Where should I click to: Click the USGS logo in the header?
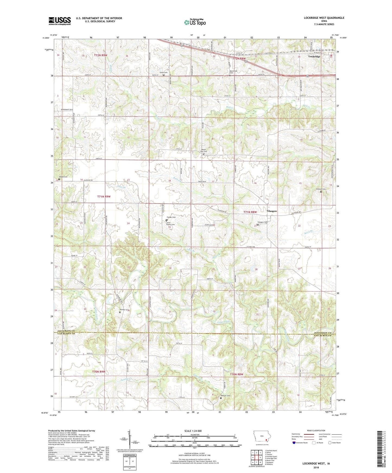60,21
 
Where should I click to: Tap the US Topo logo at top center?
195,22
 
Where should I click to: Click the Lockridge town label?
314,57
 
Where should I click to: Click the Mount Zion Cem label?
204,151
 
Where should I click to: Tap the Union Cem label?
163,73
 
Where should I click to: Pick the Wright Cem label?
63,177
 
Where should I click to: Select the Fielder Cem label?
171,217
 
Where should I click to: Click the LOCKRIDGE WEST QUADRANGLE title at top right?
324,18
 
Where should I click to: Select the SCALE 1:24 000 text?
194,431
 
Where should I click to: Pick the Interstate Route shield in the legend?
294,443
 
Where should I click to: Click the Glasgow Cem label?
262,222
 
